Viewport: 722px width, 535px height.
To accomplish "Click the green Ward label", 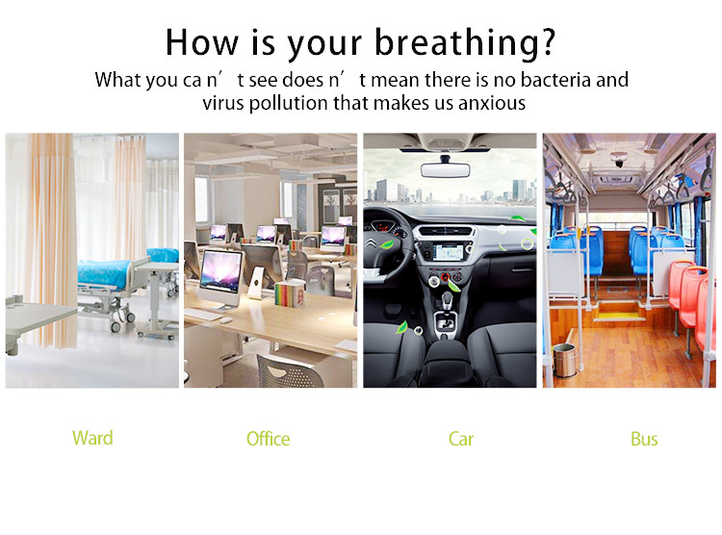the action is [92, 438].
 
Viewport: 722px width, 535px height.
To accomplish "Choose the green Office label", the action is [268, 439].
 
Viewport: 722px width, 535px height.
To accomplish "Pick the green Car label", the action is [461, 439].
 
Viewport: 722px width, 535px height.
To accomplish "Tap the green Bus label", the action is [644, 439].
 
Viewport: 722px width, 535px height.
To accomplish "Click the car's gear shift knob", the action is [447, 299].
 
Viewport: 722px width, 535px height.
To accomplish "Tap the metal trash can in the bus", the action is [564, 361].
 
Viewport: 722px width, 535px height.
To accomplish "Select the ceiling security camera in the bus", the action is [618, 161].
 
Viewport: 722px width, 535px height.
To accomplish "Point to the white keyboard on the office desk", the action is [203, 314].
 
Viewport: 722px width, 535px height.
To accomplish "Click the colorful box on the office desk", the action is [290, 293].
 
